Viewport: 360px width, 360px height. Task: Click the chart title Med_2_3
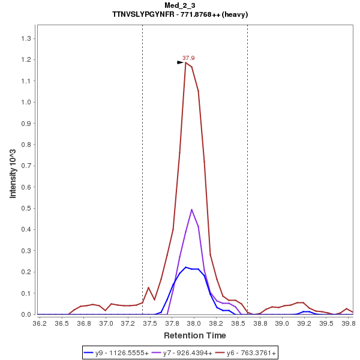180,5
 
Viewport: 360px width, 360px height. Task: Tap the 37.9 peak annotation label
188,58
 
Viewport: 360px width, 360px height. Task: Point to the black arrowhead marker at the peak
180,62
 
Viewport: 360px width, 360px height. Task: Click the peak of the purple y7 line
191,209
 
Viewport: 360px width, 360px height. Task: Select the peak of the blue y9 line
185,267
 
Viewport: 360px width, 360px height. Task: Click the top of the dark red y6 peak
186,62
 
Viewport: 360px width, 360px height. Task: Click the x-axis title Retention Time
195,335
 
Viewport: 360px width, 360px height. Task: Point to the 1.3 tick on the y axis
27,38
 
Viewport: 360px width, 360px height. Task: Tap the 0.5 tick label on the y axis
27,208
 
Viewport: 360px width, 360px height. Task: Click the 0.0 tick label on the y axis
27,314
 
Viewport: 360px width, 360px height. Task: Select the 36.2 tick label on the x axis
40,323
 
